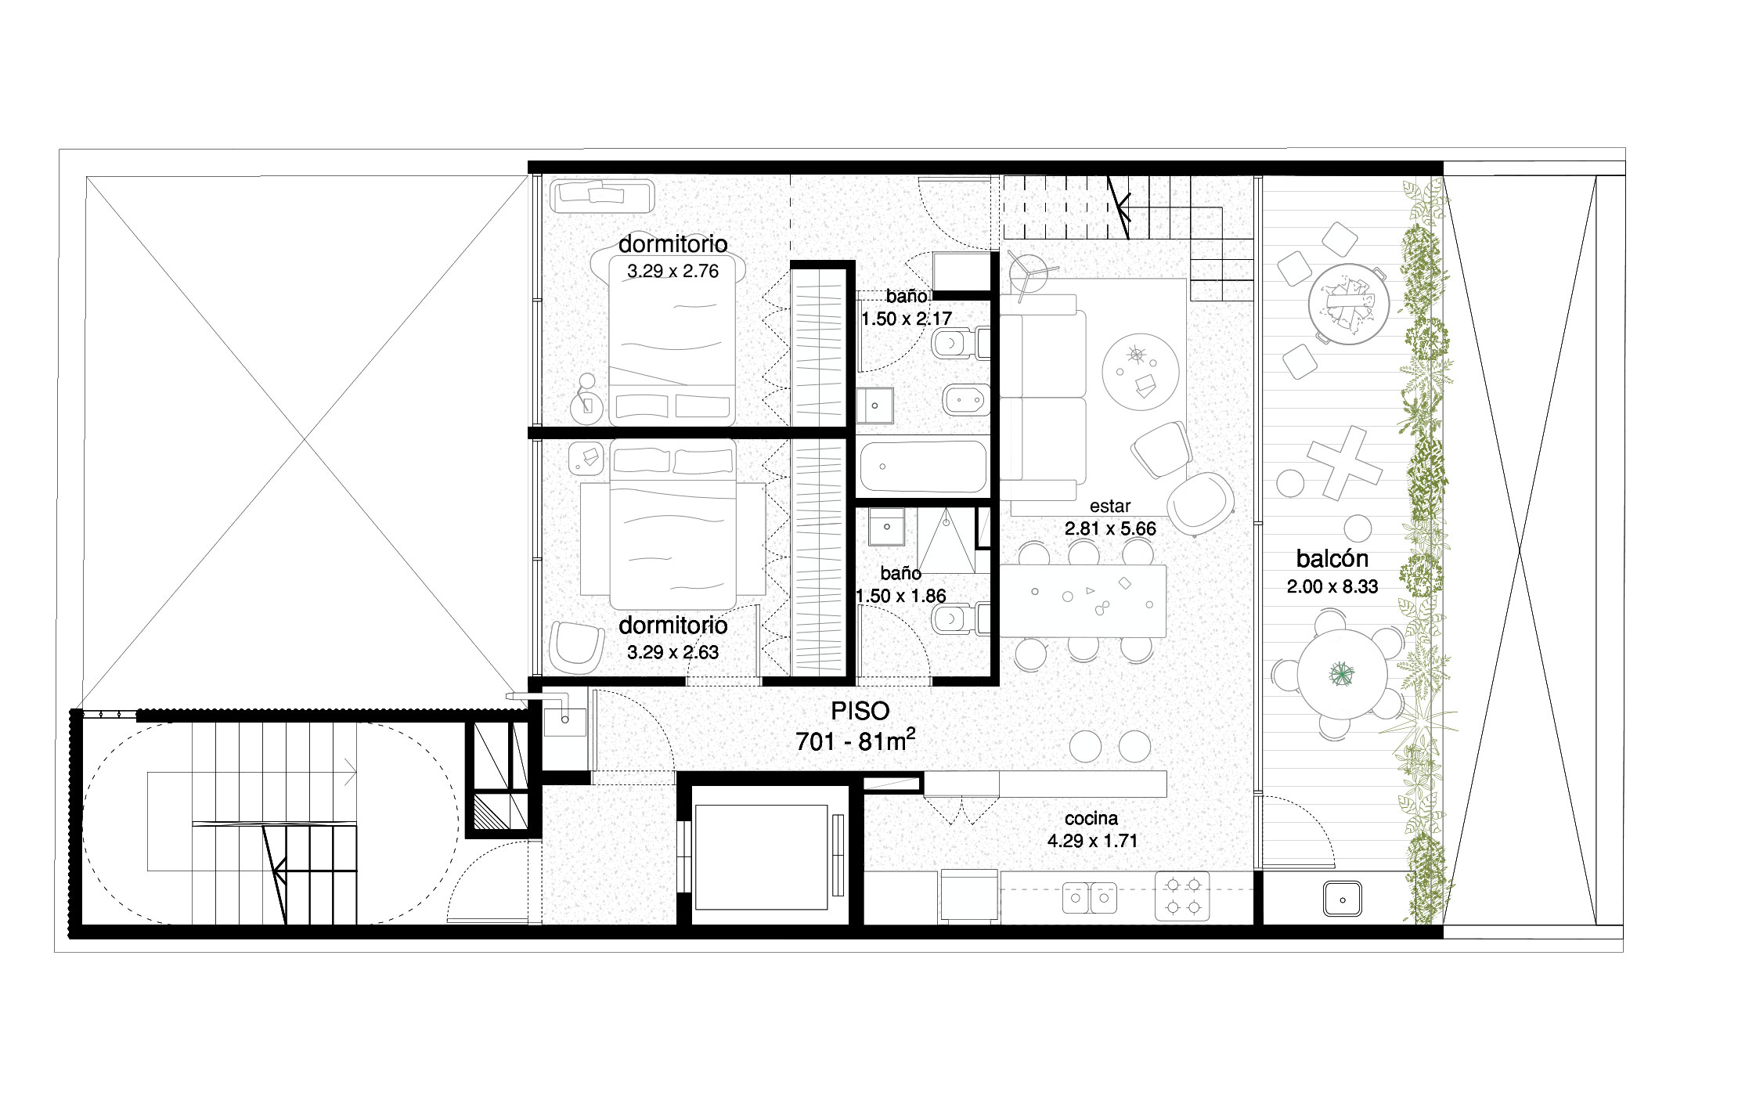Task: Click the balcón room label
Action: coord(1332,559)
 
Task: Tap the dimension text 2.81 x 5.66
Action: coord(1110,528)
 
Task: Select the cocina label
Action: coord(1091,819)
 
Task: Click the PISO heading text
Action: coord(860,711)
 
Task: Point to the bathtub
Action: coord(923,466)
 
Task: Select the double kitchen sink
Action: coord(1088,898)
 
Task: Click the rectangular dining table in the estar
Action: coord(1083,600)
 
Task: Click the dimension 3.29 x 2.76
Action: coord(672,272)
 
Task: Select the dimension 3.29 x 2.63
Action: coord(672,651)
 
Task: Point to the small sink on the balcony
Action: coord(1343,899)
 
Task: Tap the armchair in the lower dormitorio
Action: coord(577,647)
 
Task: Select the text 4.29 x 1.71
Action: coord(1091,841)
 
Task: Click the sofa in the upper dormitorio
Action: coord(602,196)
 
